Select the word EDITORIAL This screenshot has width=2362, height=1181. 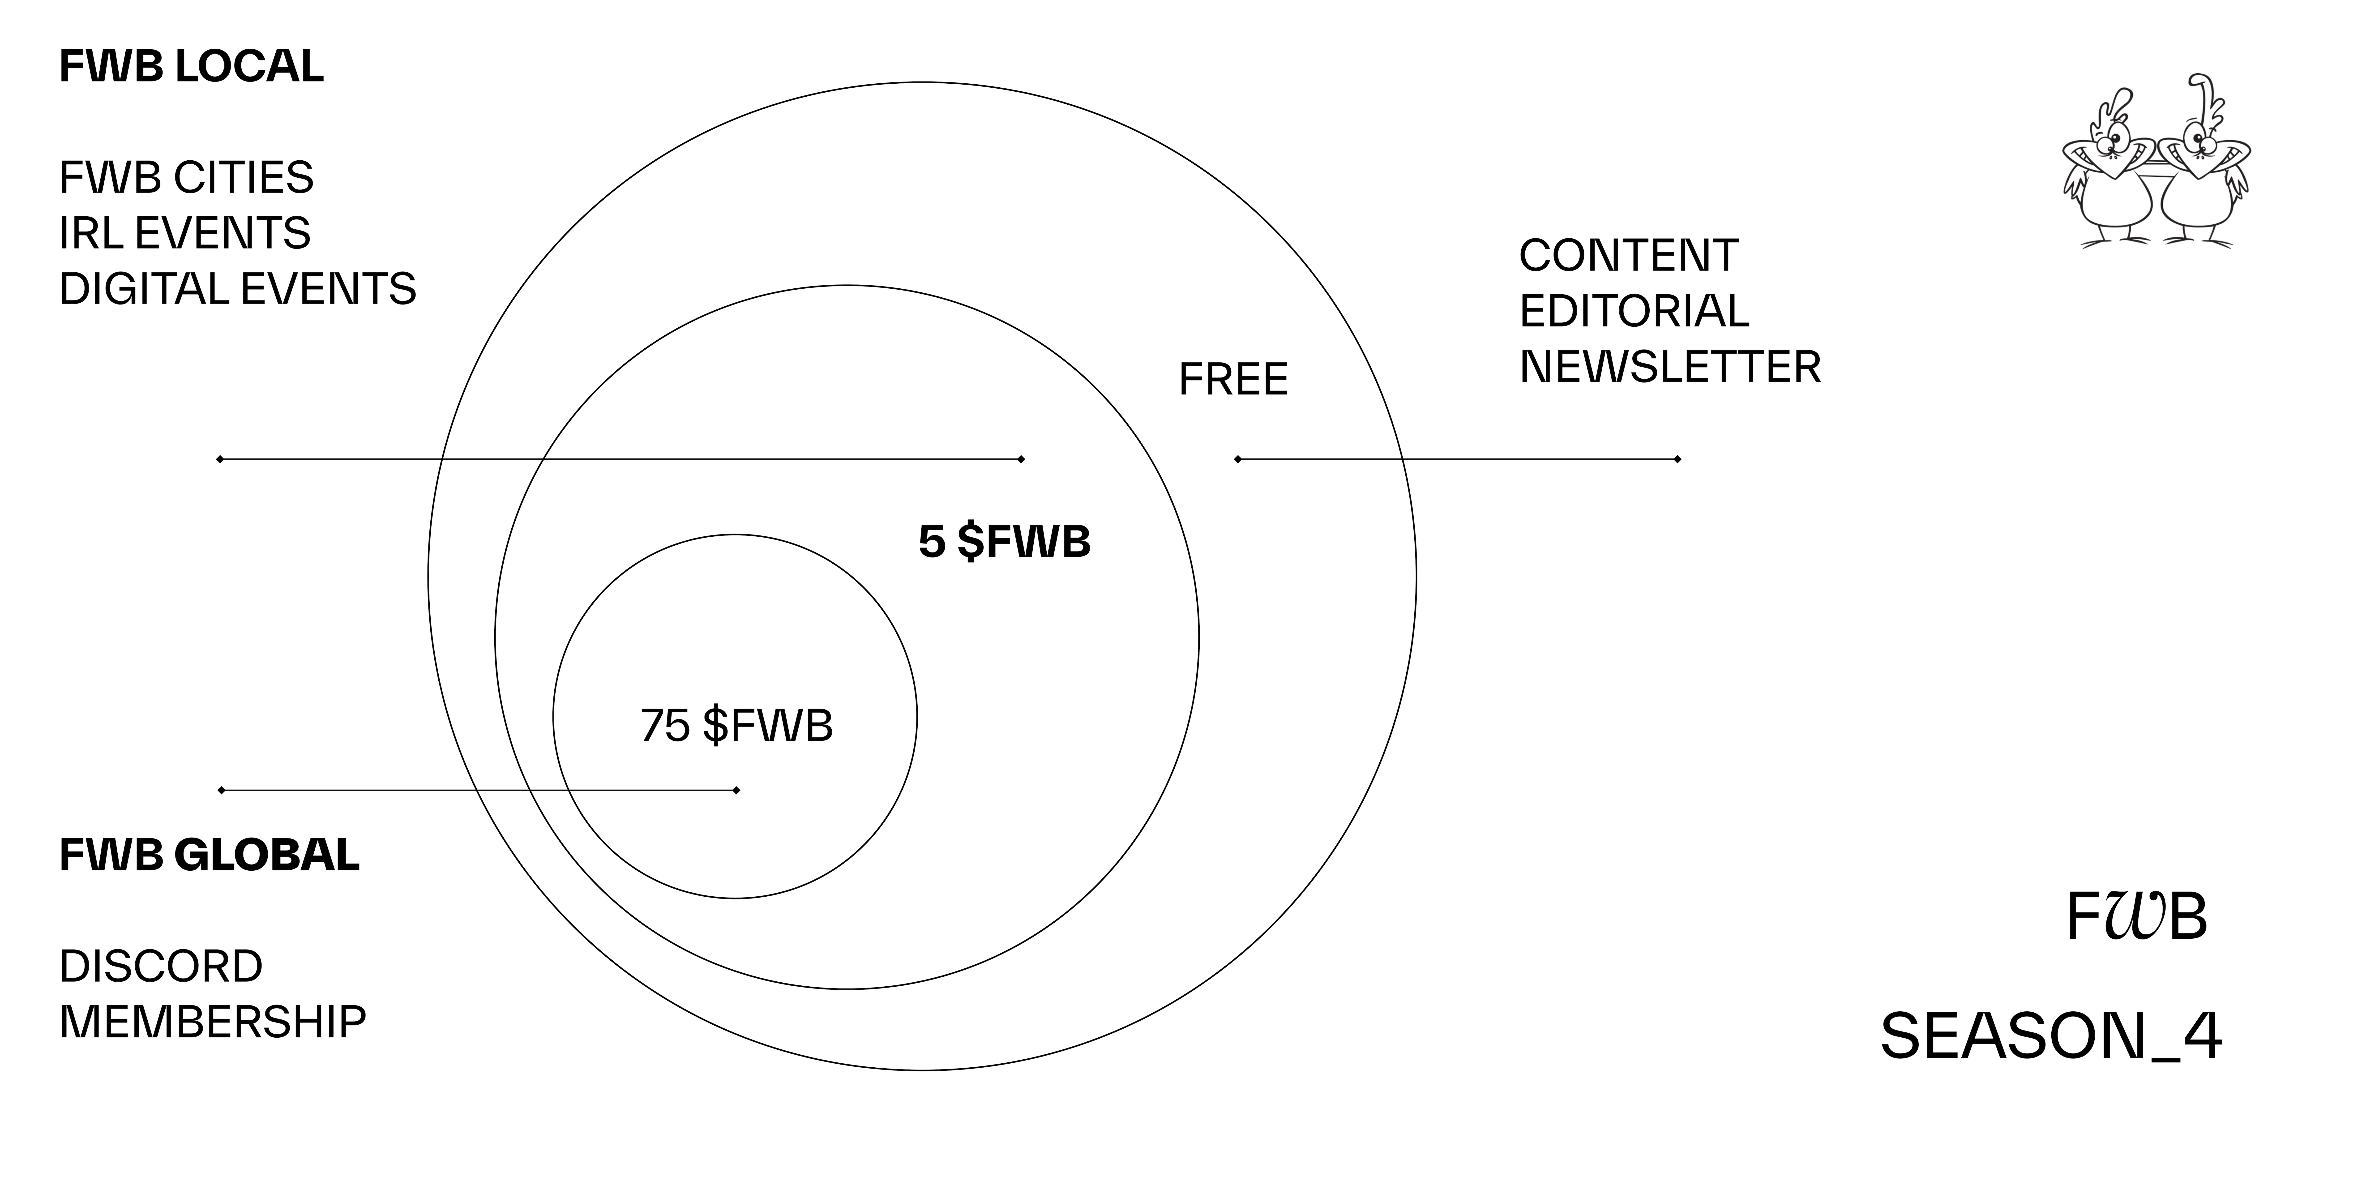tap(1634, 311)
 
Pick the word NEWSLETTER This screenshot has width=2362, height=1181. tap(1670, 367)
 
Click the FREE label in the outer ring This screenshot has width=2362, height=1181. tap(1233, 380)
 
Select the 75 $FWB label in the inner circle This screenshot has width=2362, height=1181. tap(736, 725)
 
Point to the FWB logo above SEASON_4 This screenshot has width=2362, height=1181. tap(2136, 916)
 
